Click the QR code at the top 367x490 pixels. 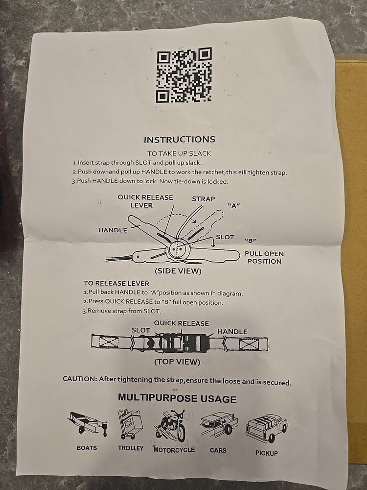(184, 75)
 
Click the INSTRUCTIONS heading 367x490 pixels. (180, 139)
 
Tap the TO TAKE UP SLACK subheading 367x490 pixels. (179, 153)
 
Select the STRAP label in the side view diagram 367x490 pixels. (204, 199)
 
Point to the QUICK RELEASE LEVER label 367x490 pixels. (145, 201)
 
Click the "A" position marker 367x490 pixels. (233, 206)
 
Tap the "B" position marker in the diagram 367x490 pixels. (251, 241)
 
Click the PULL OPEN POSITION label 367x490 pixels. (264, 258)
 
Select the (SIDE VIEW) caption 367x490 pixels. (178, 271)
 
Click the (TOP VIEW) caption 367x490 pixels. (177, 362)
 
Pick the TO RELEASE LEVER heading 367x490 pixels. (116, 283)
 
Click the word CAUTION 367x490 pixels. (80, 379)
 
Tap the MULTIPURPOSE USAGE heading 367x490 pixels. (177, 398)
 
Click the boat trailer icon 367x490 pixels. (88, 423)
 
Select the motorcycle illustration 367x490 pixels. (170, 425)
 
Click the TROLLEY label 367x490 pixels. (131, 448)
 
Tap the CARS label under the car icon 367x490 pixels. (218, 450)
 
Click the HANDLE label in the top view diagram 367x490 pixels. (232, 332)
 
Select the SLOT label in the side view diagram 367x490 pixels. (225, 237)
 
